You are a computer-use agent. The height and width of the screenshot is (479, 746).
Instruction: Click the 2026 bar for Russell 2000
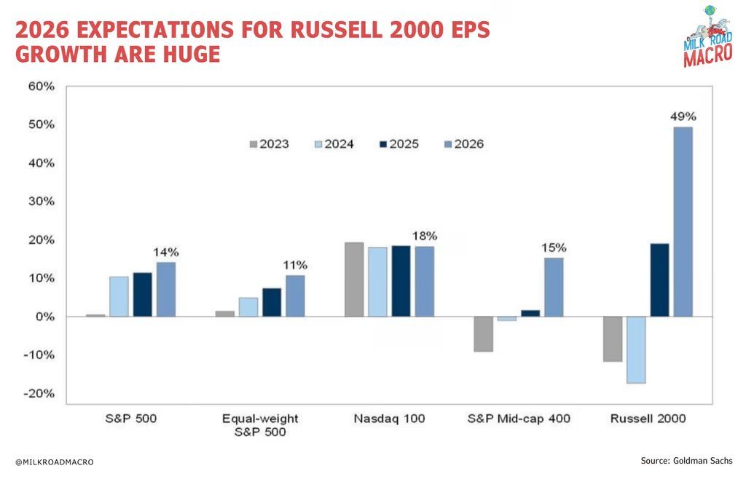coord(683,222)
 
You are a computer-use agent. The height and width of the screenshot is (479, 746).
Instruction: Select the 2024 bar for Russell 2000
coord(635,349)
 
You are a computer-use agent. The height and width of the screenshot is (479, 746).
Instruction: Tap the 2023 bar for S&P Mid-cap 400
coord(483,334)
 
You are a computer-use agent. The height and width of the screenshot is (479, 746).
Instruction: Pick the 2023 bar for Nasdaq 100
coord(353,280)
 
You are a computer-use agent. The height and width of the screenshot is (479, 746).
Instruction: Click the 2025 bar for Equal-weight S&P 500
coord(272,302)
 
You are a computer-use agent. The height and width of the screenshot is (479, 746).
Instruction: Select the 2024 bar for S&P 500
coord(119,296)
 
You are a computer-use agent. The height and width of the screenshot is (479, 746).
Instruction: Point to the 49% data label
coord(683,116)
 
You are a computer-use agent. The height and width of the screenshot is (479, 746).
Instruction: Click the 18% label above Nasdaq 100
coord(424,236)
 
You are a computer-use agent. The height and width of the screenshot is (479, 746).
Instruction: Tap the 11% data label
coord(295,264)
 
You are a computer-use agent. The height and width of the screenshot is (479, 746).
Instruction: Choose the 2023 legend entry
coord(269,144)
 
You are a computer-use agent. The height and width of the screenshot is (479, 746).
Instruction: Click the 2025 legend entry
coord(398,144)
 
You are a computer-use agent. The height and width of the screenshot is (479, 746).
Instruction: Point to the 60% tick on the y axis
coord(41,87)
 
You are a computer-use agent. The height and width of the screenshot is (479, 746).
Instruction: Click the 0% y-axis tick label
coord(45,317)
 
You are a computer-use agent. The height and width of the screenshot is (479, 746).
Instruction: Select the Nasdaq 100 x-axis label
coord(388,419)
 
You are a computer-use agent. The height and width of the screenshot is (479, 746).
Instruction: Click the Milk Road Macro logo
coord(707,36)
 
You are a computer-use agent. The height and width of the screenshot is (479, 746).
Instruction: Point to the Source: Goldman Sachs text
coord(687,461)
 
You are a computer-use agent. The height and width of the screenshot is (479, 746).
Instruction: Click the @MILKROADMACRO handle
coord(55,462)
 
